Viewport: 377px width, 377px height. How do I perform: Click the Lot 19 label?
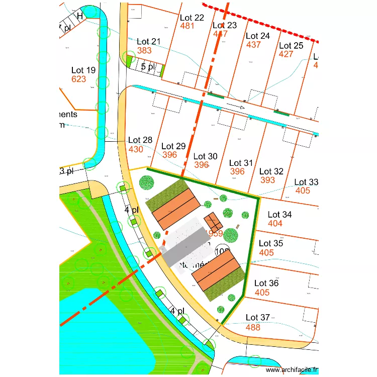(x=83, y=70)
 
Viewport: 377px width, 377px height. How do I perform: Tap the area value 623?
(x=79, y=79)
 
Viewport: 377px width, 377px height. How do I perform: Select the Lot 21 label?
(x=149, y=41)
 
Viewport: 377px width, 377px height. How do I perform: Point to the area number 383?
(x=144, y=50)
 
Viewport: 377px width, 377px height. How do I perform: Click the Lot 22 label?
(x=192, y=18)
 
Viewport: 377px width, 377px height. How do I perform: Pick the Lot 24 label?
(x=258, y=36)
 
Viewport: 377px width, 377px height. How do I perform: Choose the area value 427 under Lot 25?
(x=287, y=54)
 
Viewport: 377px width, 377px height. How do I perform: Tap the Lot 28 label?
(x=140, y=140)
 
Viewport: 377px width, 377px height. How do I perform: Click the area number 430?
(x=136, y=149)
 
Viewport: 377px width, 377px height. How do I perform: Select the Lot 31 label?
(x=241, y=163)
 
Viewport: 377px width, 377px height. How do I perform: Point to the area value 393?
(x=268, y=180)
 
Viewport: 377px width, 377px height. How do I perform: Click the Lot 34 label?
(x=280, y=215)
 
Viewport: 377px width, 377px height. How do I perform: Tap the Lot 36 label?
(x=266, y=283)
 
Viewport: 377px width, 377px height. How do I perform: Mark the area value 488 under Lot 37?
(x=253, y=327)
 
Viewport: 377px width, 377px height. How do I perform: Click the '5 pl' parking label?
(x=148, y=67)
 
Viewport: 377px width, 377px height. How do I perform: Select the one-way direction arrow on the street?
(x=235, y=107)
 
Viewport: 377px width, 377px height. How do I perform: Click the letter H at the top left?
(x=79, y=16)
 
